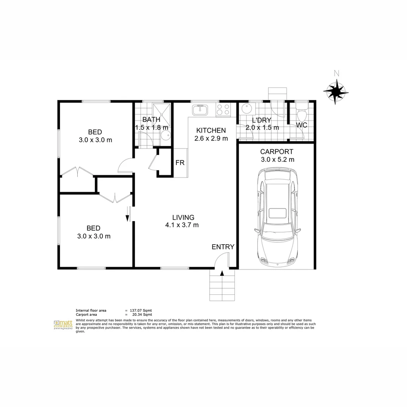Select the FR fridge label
(x=180, y=163)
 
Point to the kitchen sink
(x=200, y=110)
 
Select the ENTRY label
(x=223, y=247)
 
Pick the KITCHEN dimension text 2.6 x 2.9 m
(x=211, y=138)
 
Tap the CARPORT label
(x=277, y=152)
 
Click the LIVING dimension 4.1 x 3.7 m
(x=182, y=225)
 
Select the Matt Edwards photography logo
(x=63, y=325)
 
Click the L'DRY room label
(x=262, y=120)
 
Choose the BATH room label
(x=151, y=120)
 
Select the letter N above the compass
(x=337, y=73)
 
